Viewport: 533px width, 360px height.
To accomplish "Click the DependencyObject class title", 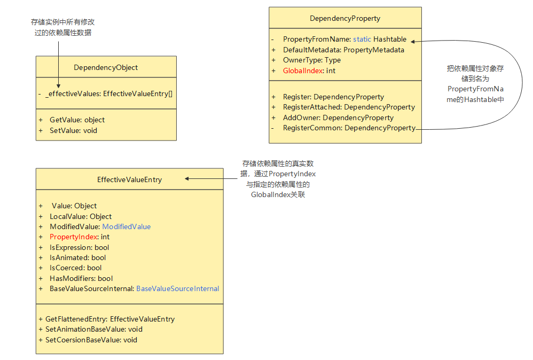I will (x=106, y=67).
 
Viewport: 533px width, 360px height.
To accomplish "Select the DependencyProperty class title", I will (x=345, y=18).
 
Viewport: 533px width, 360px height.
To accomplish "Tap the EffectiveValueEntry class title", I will (x=129, y=180).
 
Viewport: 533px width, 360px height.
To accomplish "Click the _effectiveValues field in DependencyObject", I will (x=109, y=93).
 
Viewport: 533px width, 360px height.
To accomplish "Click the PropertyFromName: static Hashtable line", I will (x=344, y=40).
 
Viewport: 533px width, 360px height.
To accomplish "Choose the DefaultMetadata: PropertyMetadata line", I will (x=343, y=50).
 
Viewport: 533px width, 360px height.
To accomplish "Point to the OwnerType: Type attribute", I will (x=311, y=60).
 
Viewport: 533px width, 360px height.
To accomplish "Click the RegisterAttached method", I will (x=349, y=107).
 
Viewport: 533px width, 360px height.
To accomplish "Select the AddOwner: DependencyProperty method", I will (x=338, y=118).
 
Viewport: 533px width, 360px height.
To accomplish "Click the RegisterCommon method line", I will (x=349, y=128).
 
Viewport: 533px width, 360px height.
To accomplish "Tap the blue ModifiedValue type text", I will (x=127, y=226).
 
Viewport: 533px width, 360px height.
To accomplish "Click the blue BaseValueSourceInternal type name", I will (x=177, y=288).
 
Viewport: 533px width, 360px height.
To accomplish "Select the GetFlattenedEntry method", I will (x=109, y=319).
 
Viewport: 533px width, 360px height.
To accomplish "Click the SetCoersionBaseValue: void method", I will (x=91, y=340).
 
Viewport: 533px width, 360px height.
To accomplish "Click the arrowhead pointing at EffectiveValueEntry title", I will (x=188, y=179).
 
